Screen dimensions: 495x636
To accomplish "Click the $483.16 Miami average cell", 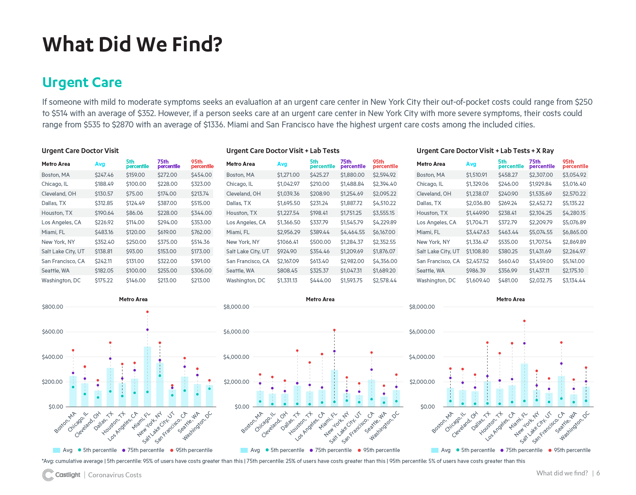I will (x=104, y=232).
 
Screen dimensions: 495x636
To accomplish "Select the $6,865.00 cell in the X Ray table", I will (x=575, y=232).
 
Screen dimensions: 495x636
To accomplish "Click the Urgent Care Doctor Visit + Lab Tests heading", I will (x=283, y=151).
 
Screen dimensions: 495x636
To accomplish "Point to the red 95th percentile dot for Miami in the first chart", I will (x=147, y=312).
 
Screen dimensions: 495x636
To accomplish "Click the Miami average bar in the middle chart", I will (x=334, y=388).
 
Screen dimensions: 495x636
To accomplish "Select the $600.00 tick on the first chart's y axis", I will (x=53, y=332).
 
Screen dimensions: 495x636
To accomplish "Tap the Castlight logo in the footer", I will (x=61, y=475).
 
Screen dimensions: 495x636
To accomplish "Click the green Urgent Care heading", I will (x=82, y=83).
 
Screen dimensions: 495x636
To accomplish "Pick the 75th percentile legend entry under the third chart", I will (x=523, y=450).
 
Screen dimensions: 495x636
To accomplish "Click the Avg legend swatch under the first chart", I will (x=57, y=450).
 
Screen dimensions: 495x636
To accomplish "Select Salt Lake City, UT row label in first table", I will (x=63, y=251).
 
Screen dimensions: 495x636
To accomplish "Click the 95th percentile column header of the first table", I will (x=202, y=164).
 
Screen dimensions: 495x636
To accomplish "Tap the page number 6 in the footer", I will (x=598, y=473).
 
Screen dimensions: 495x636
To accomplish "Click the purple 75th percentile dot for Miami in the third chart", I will (x=524, y=343).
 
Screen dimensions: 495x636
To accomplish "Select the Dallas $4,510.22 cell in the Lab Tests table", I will (x=384, y=203).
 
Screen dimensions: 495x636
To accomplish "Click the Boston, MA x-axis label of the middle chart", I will (x=252, y=423).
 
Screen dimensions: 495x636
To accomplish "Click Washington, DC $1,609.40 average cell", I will (x=478, y=280).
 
